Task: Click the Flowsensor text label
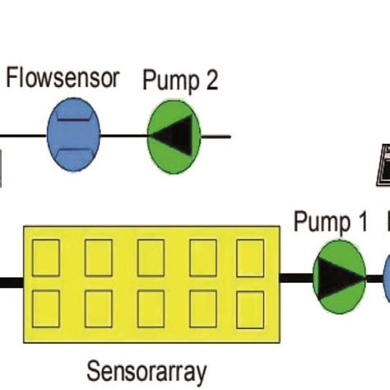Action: click(x=63, y=79)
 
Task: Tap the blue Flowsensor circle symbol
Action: click(x=73, y=134)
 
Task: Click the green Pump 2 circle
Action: click(x=174, y=135)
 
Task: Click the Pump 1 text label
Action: click(x=331, y=222)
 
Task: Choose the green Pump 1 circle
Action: click(x=339, y=277)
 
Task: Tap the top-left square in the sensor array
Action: click(x=46, y=258)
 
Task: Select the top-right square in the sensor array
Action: click(x=250, y=258)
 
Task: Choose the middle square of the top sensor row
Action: click(x=150, y=258)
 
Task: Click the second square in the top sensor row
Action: click(x=98, y=258)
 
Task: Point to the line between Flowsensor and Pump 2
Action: click(x=123, y=135)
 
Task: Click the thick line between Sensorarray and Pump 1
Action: click(x=296, y=278)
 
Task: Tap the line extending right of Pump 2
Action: click(x=216, y=135)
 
